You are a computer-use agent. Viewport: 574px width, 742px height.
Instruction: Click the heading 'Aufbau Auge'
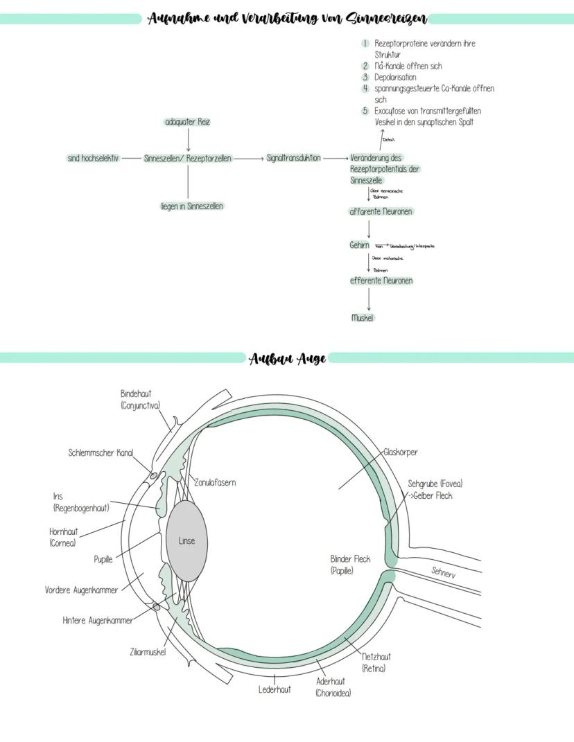pos(288,358)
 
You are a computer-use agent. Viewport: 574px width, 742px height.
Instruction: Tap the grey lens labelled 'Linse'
pos(186,540)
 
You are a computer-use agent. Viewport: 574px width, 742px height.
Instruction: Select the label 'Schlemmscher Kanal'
pos(101,452)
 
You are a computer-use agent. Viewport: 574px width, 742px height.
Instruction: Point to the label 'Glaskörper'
pos(400,452)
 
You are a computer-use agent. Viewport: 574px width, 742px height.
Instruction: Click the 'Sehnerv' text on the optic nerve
pos(444,572)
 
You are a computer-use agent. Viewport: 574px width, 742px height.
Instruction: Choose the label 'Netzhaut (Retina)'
pos(376,662)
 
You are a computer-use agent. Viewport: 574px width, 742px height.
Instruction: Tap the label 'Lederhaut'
pos(275,689)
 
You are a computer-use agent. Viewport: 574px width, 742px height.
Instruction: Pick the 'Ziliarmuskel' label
pos(148,651)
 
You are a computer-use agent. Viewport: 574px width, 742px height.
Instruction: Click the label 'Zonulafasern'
pos(215,482)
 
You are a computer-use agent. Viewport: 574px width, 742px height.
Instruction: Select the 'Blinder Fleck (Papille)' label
pos(350,565)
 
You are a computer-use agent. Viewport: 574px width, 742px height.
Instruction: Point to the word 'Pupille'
pos(103,559)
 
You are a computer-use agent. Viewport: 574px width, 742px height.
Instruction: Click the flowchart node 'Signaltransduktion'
pos(293,158)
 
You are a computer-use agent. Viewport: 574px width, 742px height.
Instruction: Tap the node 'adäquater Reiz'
pos(188,122)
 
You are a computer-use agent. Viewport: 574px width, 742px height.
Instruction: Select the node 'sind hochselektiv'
pos(93,158)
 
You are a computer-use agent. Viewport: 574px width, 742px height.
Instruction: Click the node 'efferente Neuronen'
pos(381,281)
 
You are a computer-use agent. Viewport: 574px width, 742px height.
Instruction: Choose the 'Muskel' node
pos(363,318)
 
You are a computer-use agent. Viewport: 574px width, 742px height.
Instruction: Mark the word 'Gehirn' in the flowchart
pos(359,245)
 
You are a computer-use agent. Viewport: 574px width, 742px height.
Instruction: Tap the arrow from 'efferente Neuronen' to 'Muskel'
pos(369,299)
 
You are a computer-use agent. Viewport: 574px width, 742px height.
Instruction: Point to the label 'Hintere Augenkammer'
pos(98,620)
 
